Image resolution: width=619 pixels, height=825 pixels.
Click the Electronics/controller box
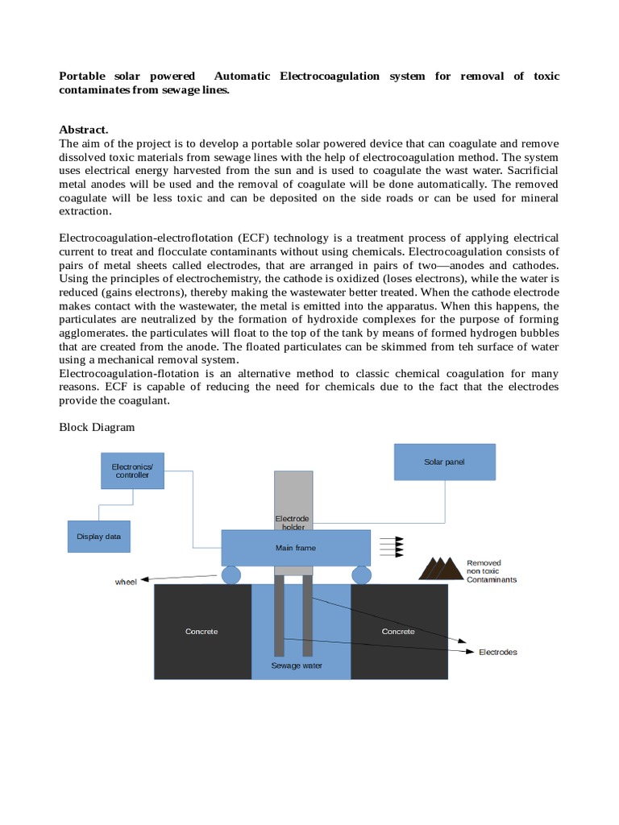(132, 471)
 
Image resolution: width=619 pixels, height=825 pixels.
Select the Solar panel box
(444, 462)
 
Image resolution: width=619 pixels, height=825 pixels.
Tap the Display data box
(98, 536)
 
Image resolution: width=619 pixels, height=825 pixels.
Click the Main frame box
(296, 548)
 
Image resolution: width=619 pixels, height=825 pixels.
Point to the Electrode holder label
(292, 522)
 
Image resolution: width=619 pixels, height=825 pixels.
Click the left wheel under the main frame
(231, 574)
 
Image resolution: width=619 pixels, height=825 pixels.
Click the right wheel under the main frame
(361, 574)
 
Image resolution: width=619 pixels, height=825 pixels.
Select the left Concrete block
(201, 632)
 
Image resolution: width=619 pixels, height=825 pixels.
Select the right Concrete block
(398, 632)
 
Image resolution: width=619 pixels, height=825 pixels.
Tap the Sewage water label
(296, 666)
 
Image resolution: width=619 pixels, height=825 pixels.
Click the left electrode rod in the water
(279, 616)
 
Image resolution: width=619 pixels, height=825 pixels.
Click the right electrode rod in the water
(307, 616)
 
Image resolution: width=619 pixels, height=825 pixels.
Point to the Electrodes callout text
(497, 652)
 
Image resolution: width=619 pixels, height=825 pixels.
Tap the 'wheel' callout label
(126, 582)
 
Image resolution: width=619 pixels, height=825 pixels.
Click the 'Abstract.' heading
(83, 130)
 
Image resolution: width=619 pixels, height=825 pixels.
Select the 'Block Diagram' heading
(97, 428)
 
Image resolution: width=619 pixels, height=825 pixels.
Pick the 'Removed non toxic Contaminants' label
(491, 571)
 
